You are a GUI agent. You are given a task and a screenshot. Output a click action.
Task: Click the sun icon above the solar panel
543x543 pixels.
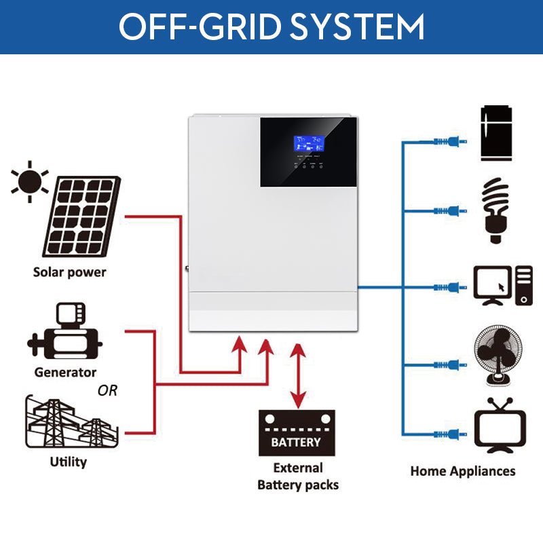30,181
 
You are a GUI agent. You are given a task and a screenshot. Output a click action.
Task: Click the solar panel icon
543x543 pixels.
81,219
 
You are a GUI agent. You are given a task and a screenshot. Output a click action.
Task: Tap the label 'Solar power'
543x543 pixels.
70,272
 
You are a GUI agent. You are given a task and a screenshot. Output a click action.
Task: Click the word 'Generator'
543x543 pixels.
65,372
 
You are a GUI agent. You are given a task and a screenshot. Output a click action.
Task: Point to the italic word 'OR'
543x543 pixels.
107,391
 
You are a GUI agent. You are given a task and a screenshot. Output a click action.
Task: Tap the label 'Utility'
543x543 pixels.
69,462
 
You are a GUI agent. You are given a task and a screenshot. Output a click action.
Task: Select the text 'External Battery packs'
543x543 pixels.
298,476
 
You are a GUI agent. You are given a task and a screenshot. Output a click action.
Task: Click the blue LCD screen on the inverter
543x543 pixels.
308,143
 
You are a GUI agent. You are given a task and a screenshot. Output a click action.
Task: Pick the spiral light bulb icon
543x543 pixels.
495,210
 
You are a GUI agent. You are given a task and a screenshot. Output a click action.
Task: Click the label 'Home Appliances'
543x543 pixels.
462,471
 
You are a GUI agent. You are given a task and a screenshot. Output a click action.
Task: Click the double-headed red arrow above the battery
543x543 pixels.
297,375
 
